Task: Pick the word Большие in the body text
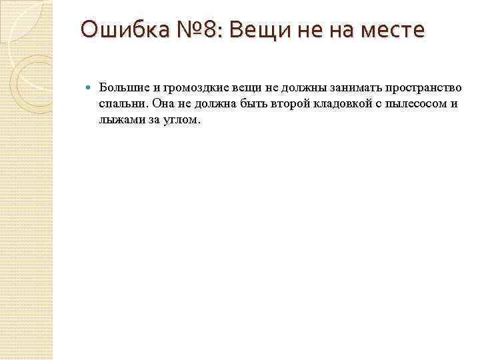[121, 88]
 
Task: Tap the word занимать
[344, 88]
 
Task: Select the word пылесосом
[413, 104]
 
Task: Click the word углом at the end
[180, 120]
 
